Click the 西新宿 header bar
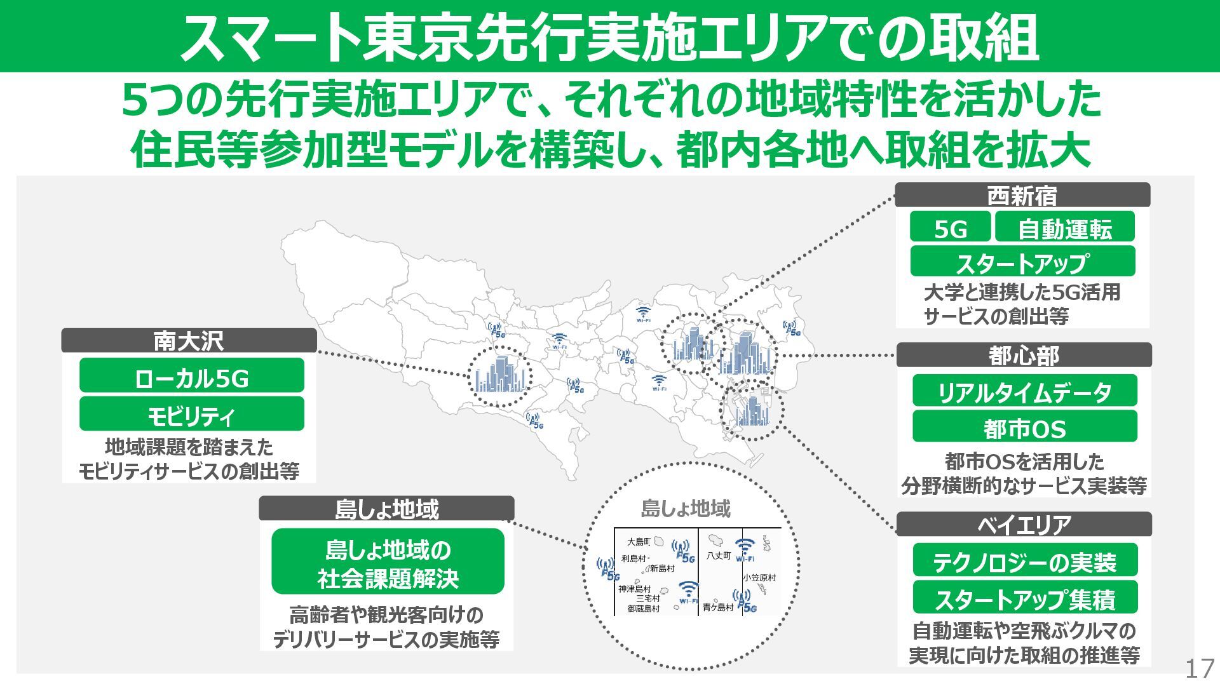[1022, 195]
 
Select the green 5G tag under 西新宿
[950, 227]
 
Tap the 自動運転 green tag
[1064, 227]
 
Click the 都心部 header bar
[1024, 355]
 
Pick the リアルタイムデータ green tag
[1024, 391]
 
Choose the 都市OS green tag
[1024, 427]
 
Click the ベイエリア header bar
[1024, 524]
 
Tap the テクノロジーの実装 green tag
[1024, 561]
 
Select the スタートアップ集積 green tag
[1024, 598]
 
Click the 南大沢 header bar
[189, 340]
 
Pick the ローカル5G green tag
[191, 377]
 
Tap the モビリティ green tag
[191, 415]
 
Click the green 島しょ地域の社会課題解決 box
[388, 562]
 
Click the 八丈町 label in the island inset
[719, 556]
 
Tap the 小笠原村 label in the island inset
[759, 578]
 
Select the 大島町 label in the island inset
[639, 542]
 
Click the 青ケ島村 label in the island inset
[718, 608]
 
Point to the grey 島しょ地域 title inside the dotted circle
[686, 508]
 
